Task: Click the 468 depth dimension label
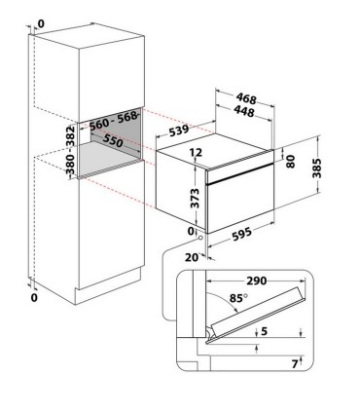246,98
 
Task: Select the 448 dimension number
243,111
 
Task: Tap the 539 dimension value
178,131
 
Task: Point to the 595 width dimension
242,234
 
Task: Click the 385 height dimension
316,169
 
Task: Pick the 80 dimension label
291,161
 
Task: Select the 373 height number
195,198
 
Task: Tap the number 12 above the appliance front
196,152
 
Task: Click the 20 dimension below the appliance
192,257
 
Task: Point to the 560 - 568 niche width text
114,121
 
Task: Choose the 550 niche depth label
113,141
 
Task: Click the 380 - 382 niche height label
70,150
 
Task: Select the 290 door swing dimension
257,281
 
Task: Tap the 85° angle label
238,298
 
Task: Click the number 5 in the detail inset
265,331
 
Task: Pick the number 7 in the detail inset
295,364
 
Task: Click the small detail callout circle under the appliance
200,238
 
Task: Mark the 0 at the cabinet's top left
41,23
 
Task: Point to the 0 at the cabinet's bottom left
34,297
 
